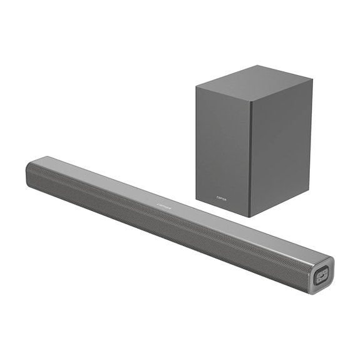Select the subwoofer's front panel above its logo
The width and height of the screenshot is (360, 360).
223,144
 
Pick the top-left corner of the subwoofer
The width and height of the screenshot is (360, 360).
195,86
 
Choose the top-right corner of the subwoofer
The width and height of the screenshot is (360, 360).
311,77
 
